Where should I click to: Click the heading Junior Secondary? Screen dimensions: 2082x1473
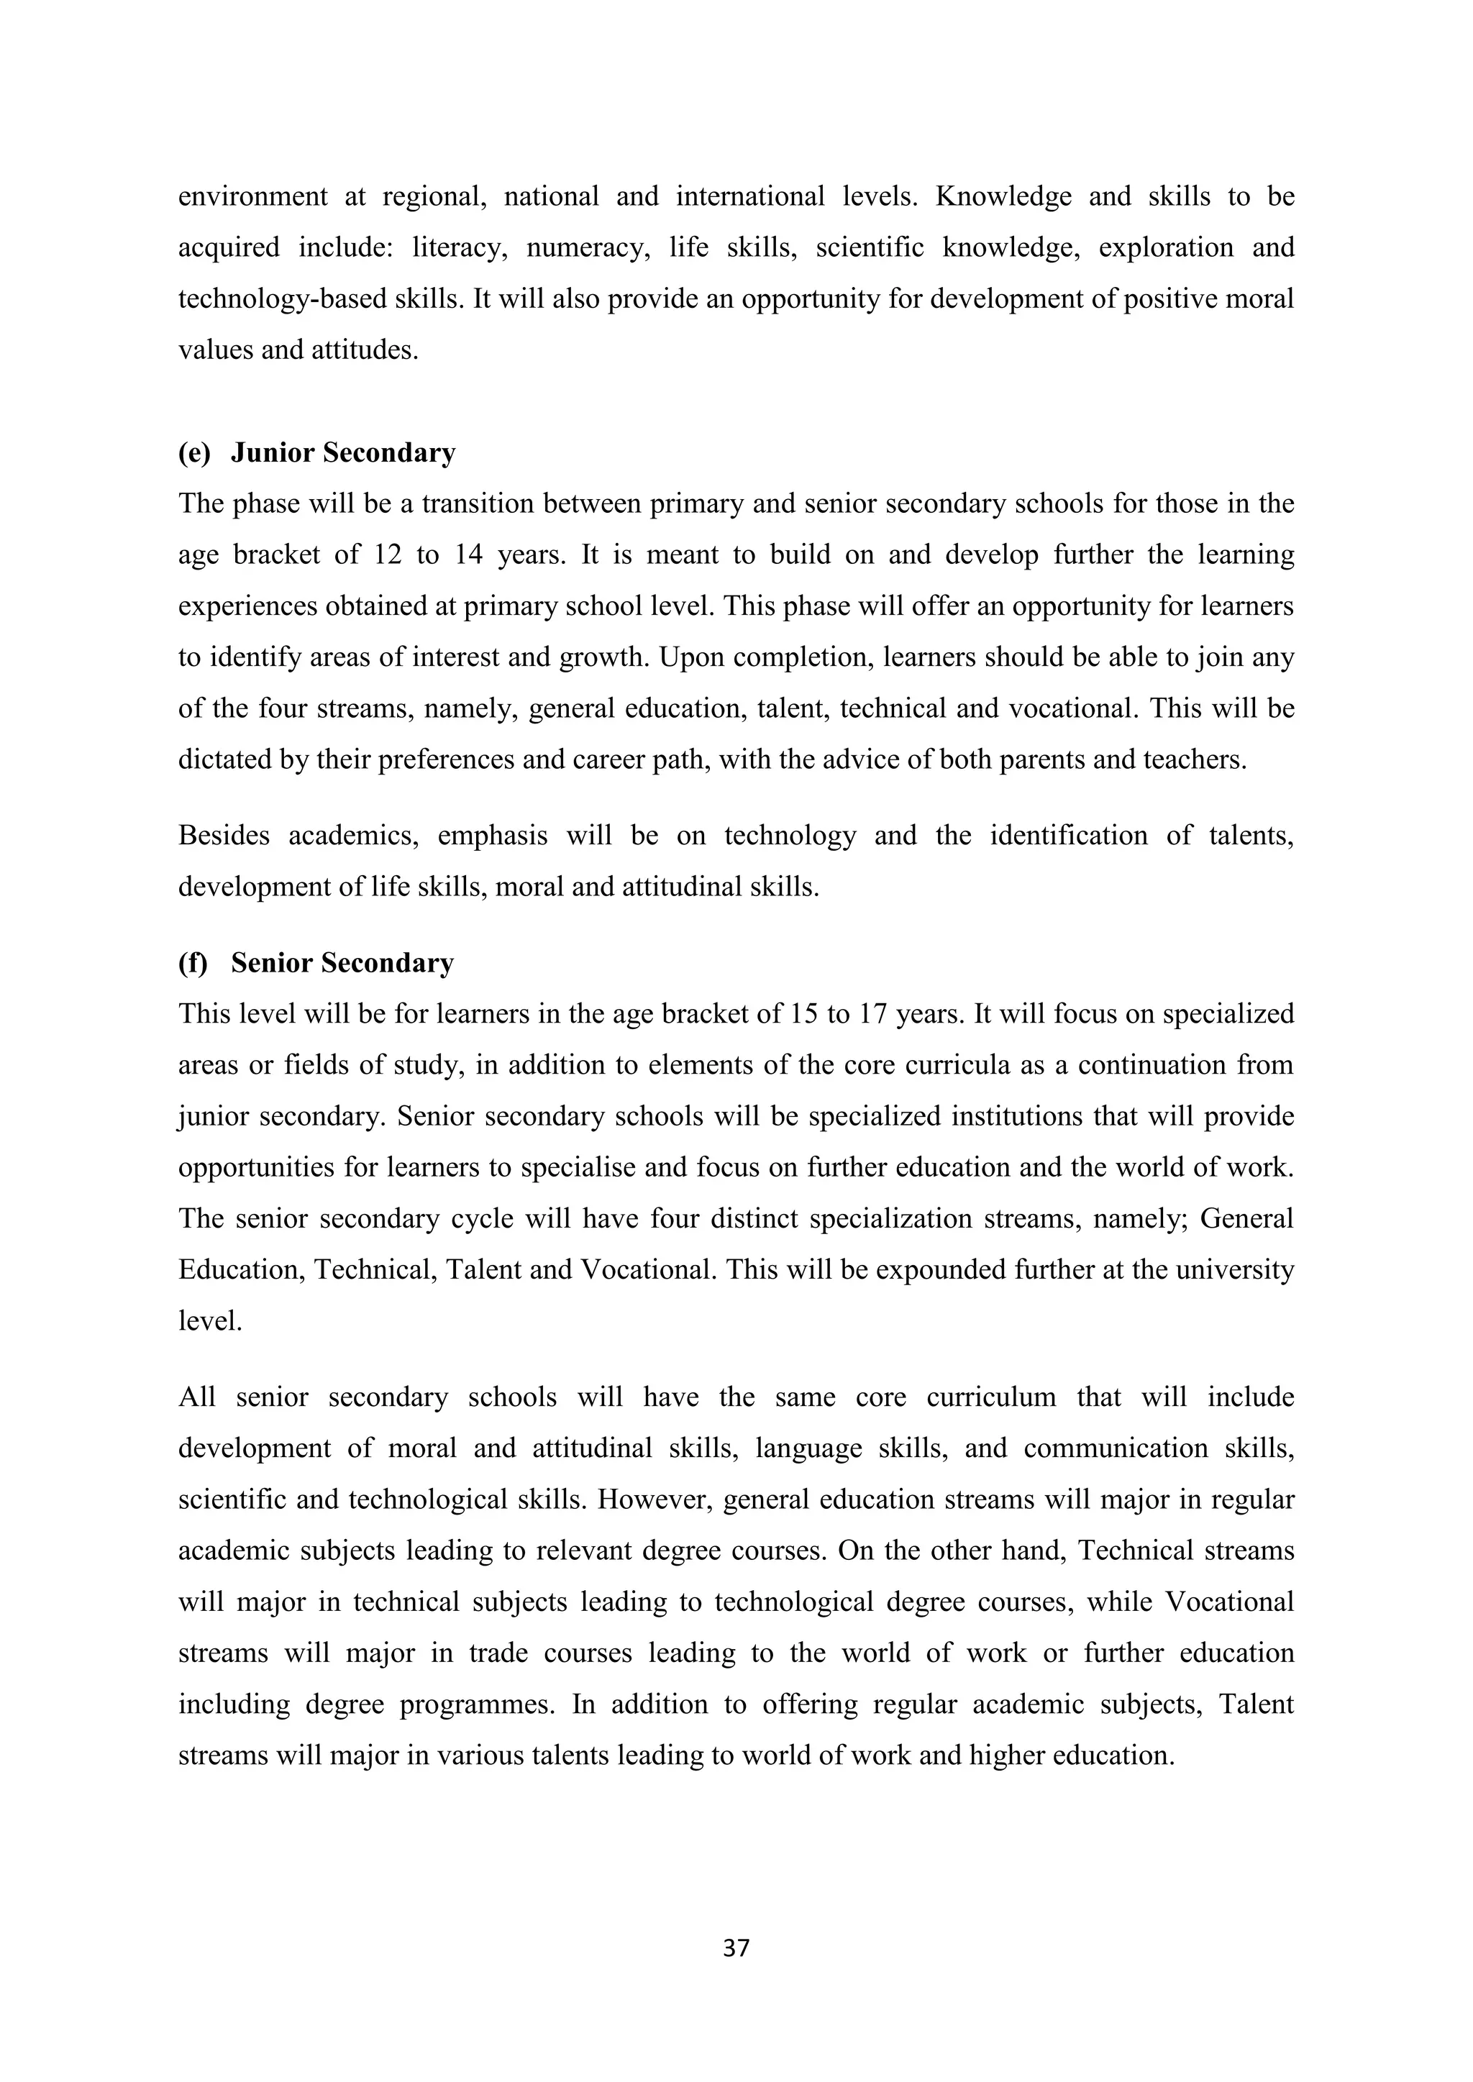343,452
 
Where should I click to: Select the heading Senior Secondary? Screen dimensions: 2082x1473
342,962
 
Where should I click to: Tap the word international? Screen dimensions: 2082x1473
750,196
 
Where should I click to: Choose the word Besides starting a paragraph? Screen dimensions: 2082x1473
223,835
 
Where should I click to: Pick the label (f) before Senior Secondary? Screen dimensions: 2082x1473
192,962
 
